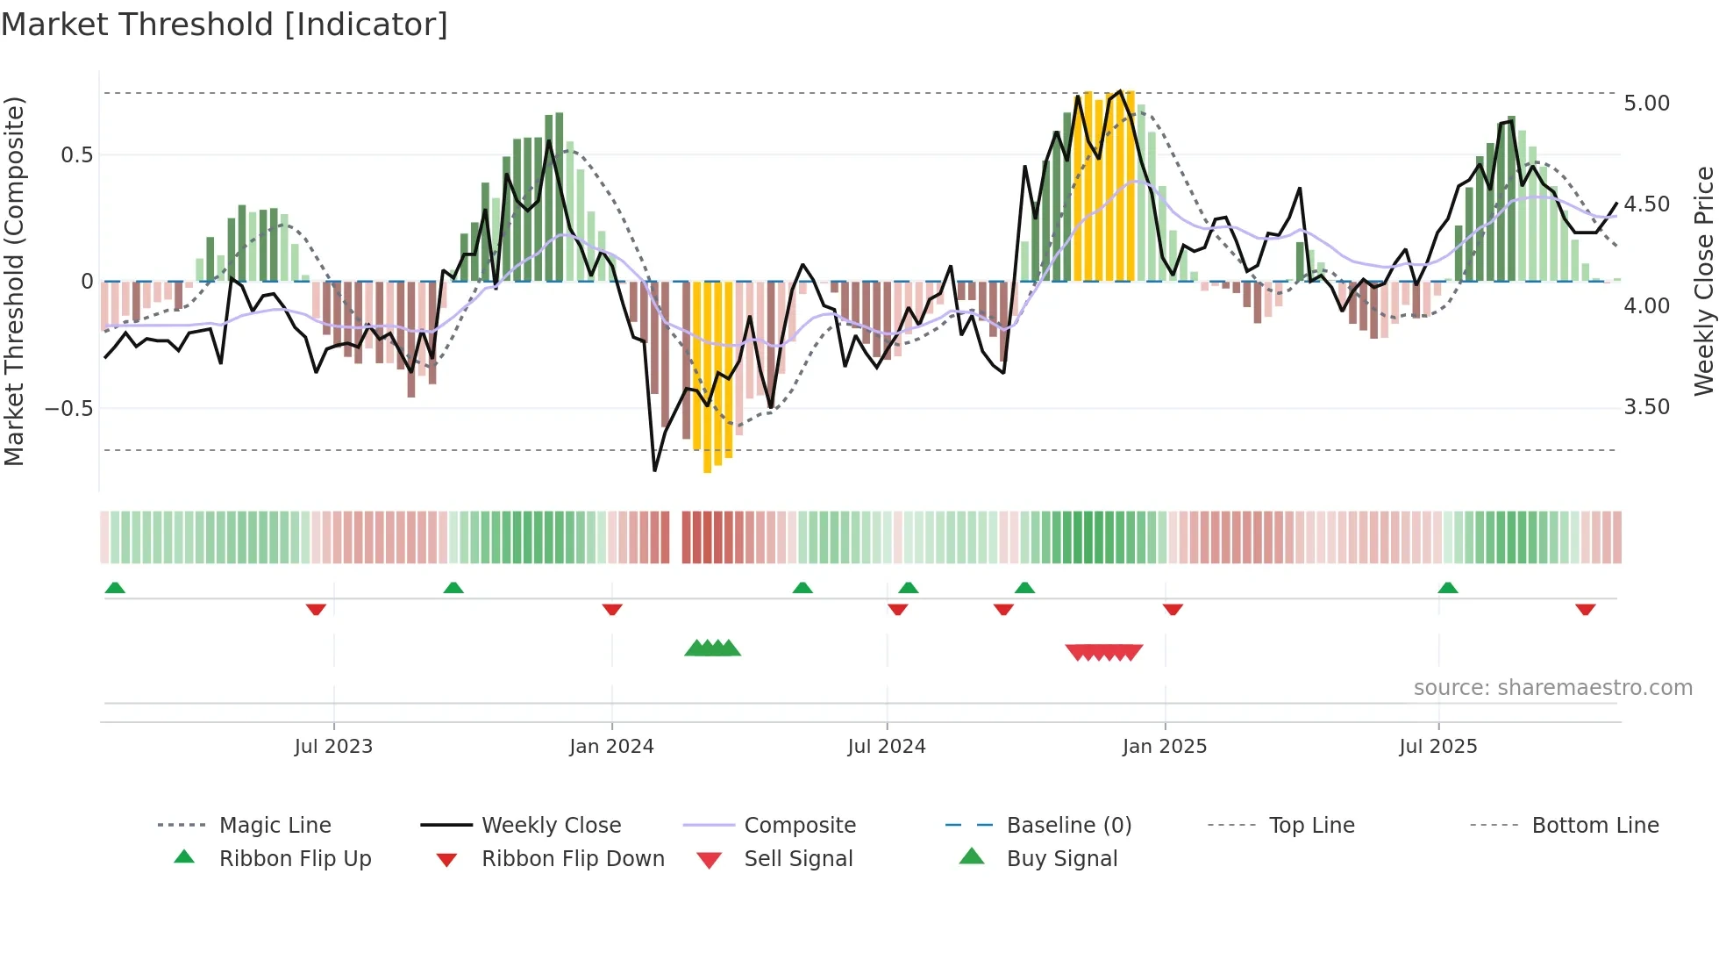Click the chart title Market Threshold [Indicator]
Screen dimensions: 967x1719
225,25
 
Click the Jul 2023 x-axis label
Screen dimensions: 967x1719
333,747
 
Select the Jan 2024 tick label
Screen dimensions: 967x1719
611,747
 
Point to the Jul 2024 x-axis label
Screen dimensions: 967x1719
887,747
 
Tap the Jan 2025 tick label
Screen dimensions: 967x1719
1165,747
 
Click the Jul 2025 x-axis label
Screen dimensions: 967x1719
1438,747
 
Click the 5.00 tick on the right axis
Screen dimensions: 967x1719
1646,104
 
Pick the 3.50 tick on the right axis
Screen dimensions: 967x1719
1646,407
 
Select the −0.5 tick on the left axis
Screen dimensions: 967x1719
68,409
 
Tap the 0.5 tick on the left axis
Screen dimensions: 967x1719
76,155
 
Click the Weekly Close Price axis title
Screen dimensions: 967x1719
1703,281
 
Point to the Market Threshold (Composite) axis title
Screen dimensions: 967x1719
14,281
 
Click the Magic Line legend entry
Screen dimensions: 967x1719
275,826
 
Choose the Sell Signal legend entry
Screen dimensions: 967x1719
798,859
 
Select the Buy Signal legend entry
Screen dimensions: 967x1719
1061,859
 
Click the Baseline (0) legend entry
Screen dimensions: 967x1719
1068,826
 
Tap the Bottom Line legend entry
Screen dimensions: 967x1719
1594,826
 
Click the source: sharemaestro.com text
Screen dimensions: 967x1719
1552,688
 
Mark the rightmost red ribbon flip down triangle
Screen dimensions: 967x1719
1585,609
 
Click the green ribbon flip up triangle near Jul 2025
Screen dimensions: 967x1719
1448,588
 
